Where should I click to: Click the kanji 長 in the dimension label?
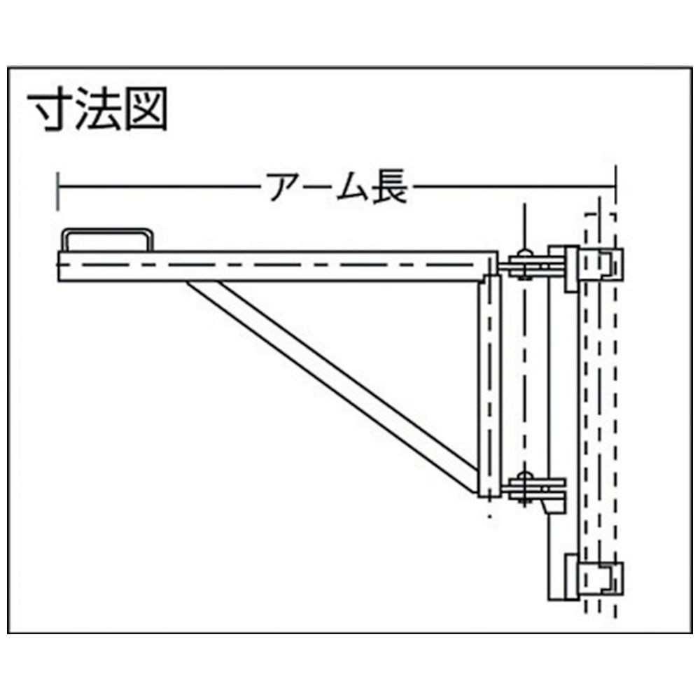coord(389,186)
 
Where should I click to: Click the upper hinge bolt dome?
coord(524,254)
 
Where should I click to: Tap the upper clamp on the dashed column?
coord(594,267)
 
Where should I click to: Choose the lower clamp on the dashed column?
coord(594,577)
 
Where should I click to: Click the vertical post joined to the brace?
coord(490,386)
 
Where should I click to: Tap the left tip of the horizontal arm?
coord(59,266)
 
